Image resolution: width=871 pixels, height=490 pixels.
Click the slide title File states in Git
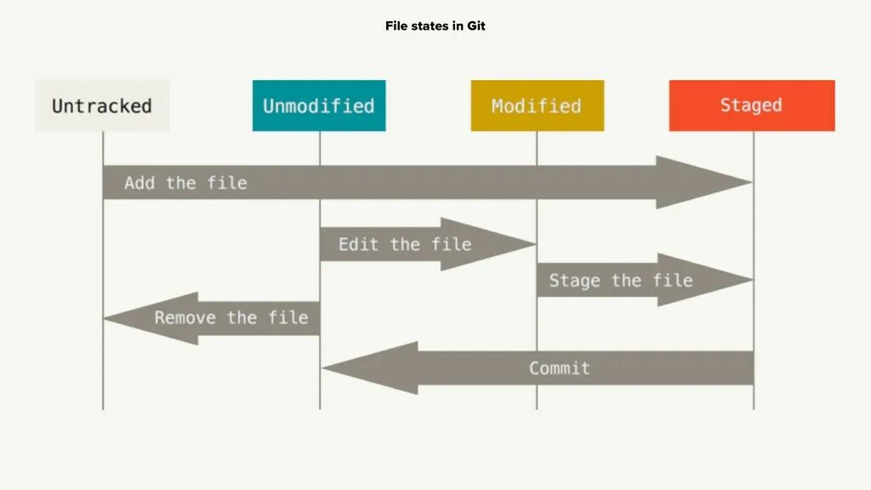[435, 26]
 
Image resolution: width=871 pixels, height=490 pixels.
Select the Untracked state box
[102, 105]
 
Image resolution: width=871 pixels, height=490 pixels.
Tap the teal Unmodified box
[319, 105]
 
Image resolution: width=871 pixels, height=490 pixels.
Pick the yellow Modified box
[537, 105]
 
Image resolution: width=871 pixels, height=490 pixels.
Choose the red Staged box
[751, 105]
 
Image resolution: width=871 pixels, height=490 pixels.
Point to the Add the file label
[185, 183]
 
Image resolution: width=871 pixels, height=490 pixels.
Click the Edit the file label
[404, 244]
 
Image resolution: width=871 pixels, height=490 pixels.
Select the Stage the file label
[620, 281]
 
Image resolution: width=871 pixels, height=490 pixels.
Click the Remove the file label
[231, 318]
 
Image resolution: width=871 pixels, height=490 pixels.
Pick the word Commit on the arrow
[559, 368]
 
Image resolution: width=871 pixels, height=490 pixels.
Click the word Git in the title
[476, 26]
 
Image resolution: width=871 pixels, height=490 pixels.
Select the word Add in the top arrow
[139, 183]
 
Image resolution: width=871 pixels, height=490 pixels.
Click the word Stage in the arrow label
[576, 281]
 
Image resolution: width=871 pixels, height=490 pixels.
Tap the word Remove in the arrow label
[185, 318]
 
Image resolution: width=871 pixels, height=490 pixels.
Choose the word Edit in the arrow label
[358, 244]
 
